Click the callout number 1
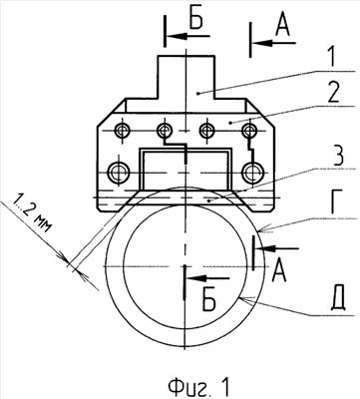(328, 58)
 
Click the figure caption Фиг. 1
(198, 387)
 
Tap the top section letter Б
(196, 21)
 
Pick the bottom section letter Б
(209, 301)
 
